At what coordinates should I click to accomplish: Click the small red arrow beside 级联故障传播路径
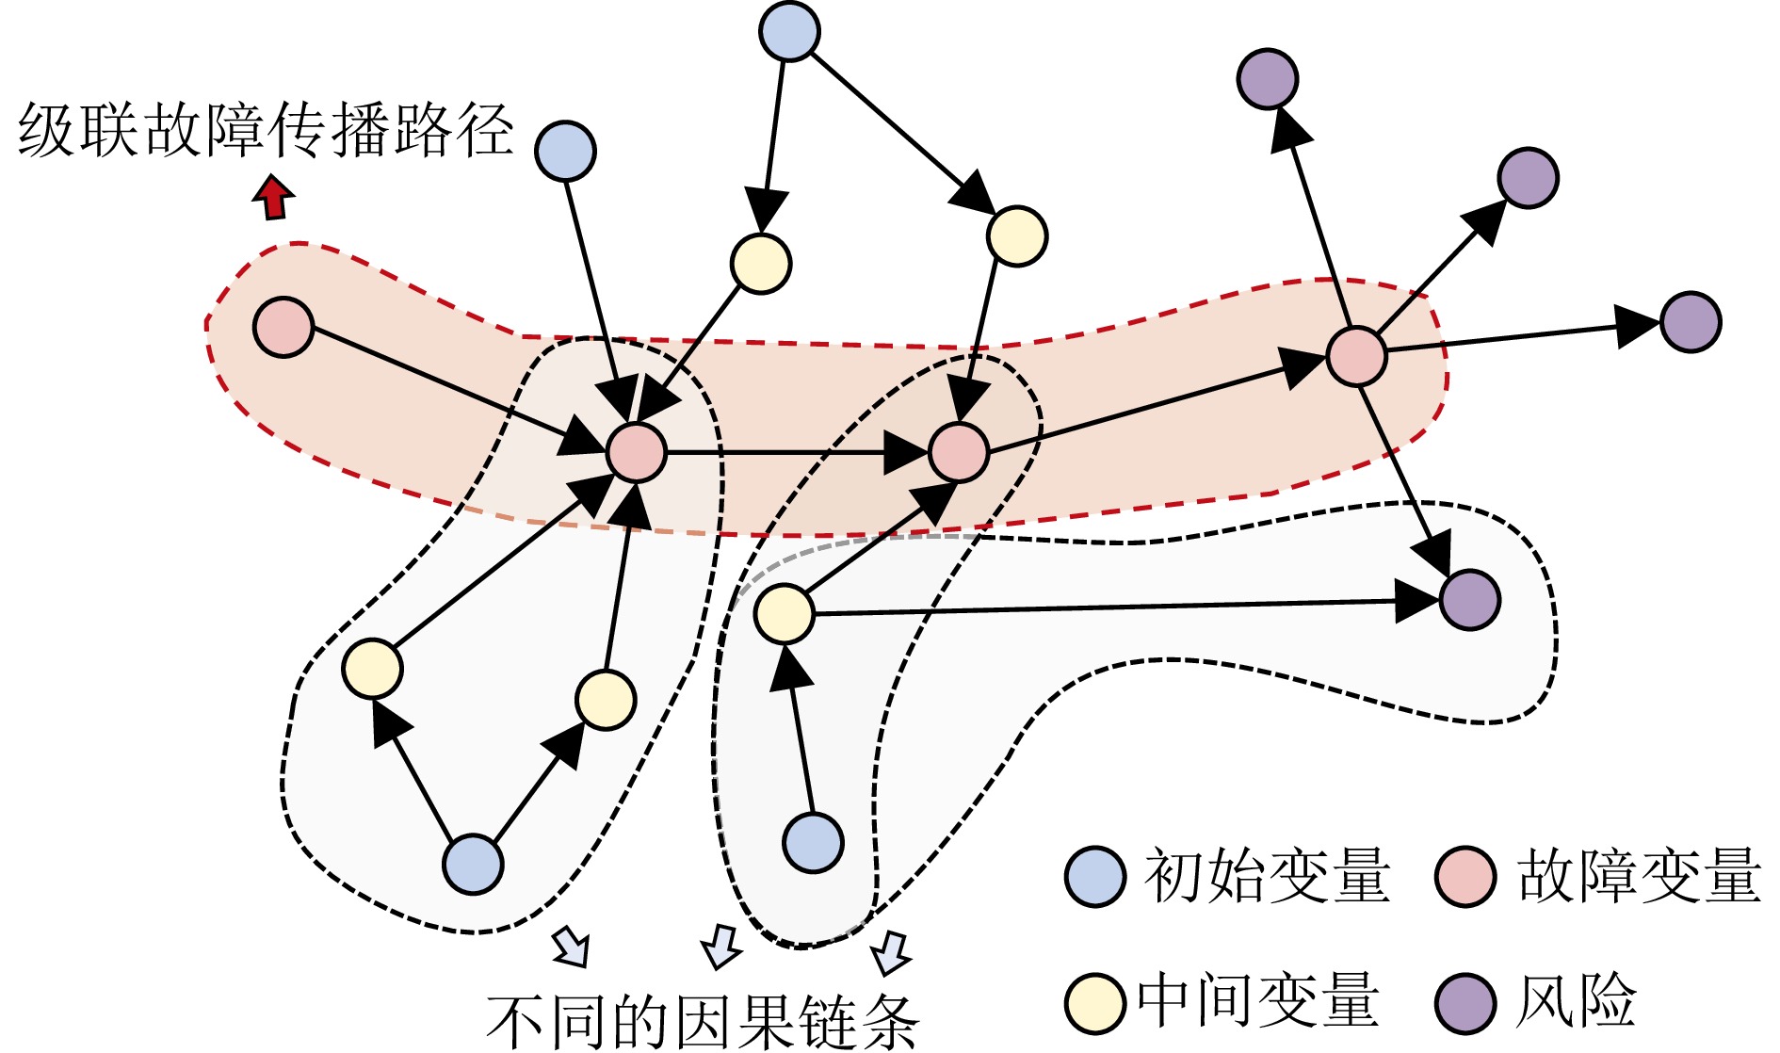274,197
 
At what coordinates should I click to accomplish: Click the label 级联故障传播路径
265,130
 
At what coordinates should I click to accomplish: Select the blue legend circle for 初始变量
1094,876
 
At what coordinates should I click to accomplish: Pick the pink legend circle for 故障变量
1465,876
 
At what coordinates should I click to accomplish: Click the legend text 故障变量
1639,876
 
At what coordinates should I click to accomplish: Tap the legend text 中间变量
1257,1000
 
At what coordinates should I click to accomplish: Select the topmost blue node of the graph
789,31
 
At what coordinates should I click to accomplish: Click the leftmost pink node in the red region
283,327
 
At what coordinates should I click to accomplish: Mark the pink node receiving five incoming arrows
637,452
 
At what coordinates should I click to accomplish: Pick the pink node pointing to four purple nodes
1356,356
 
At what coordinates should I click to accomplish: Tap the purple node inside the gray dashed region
1469,599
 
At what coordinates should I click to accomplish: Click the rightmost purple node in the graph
1691,322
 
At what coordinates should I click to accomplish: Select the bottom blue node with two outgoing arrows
473,864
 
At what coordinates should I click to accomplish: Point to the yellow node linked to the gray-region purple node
785,613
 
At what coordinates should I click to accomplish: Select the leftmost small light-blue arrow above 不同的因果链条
571,946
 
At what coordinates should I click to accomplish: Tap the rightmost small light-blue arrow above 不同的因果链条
890,952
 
